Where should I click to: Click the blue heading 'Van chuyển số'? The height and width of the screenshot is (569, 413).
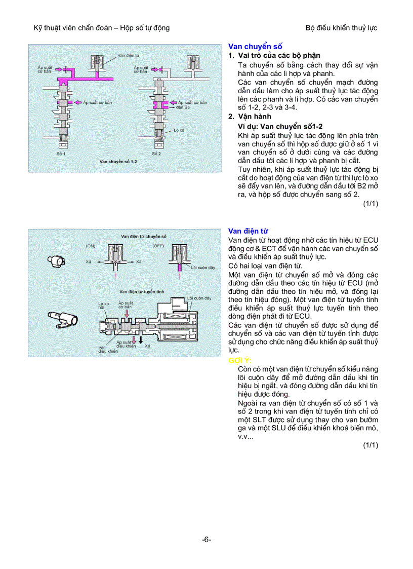[255, 46]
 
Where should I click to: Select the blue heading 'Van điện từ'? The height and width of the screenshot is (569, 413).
[248, 231]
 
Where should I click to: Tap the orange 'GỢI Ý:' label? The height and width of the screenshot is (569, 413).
[240, 360]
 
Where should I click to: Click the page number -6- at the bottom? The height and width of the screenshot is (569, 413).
[206, 540]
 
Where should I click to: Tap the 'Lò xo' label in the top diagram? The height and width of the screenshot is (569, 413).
[179, 130]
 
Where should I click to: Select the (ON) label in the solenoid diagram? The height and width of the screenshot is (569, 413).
[91, 246]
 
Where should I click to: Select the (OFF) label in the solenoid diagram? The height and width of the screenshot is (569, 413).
[158, 246]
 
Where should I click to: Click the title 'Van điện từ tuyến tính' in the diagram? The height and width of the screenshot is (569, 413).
[142, 292]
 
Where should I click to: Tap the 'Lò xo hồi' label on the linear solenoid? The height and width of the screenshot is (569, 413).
[103, 306]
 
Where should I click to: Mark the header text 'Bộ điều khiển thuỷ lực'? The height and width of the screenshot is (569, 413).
[341, 28]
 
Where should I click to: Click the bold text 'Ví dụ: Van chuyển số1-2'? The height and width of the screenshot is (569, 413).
[280, 126]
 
